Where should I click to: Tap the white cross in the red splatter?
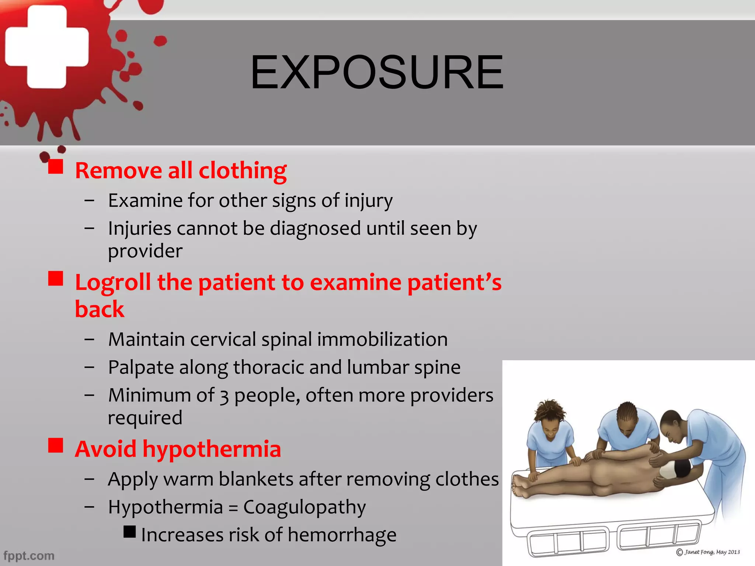click(x=47, y=47)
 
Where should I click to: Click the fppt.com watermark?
click(x=29, y=555)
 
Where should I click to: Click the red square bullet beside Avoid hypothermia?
click(x=56, y=445)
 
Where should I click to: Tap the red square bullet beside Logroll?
click(x=56, y=279)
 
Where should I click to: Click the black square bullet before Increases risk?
click(x=129, y=532)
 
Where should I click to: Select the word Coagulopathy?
click(x=305, y=507)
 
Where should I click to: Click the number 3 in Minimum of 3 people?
click(x=224, y=396)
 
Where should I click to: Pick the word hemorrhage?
click(x=342, y=535)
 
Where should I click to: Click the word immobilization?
click(x=382, y=339)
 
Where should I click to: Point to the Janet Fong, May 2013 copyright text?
click(x=708, y=552)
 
